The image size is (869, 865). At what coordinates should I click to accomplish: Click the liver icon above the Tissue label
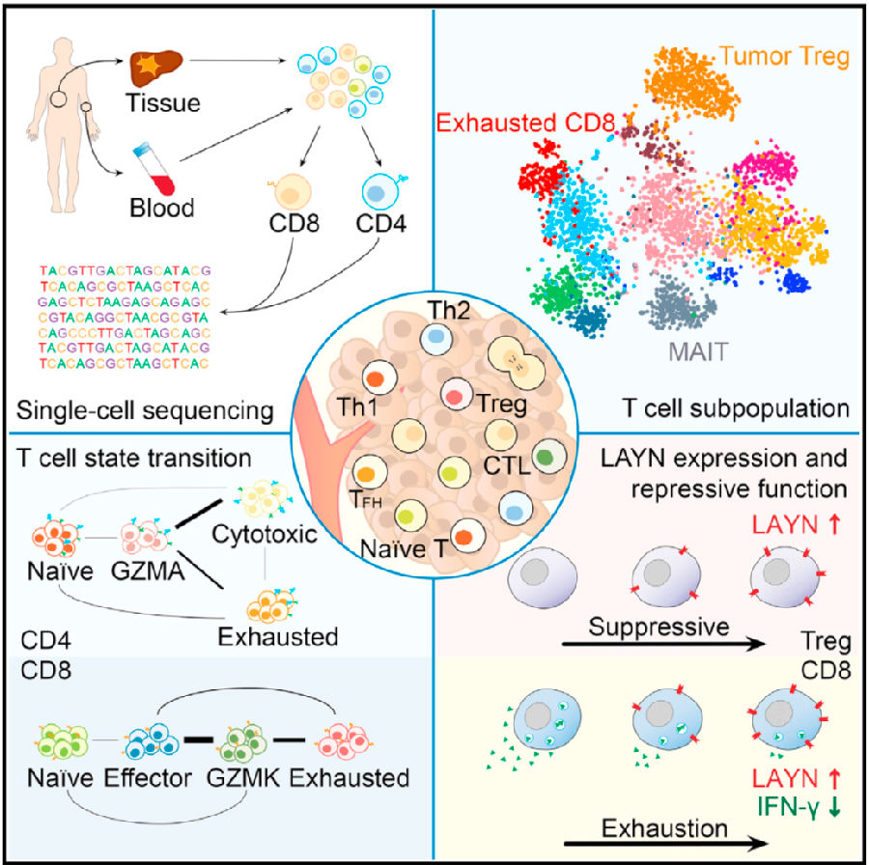coord(155,67)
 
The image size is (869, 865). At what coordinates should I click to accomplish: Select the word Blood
coord(162,209)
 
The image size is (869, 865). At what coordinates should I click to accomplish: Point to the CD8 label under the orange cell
coord(294,223)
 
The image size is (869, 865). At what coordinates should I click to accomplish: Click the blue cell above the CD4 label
coord(381,192)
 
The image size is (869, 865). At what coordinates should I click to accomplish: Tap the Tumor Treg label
coord(784,57)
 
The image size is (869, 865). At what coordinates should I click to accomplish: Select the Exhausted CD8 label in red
coord(525,123)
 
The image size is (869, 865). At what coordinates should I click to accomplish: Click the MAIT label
coord(698,351)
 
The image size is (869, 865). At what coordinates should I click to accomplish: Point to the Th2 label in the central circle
coord(449,310)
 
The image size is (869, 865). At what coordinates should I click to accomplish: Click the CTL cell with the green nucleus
coord(549,456)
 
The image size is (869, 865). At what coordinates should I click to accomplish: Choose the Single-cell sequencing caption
coord(145,411)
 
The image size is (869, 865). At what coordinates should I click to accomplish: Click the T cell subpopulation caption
coord(736,408)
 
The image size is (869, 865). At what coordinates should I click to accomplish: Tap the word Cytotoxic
coord(265,534)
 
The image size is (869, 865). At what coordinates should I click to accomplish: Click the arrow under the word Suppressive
coord(663,644)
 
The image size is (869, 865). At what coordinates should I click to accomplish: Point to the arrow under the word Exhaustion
coord(666,844)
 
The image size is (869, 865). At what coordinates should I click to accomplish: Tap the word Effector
coord(148,778)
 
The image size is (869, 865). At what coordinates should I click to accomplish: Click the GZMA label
coord(148,572)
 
